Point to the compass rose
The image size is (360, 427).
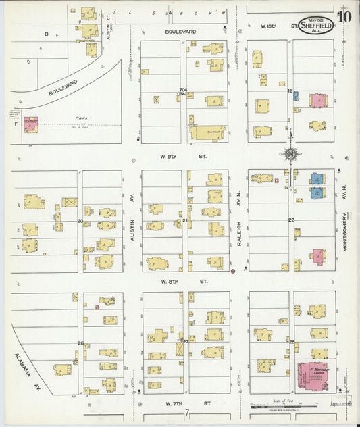290,153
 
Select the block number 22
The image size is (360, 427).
292,220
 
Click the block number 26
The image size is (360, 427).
80,343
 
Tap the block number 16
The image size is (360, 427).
290,91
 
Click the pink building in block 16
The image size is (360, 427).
317,100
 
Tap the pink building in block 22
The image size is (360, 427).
317,256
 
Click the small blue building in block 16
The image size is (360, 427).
296,96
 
